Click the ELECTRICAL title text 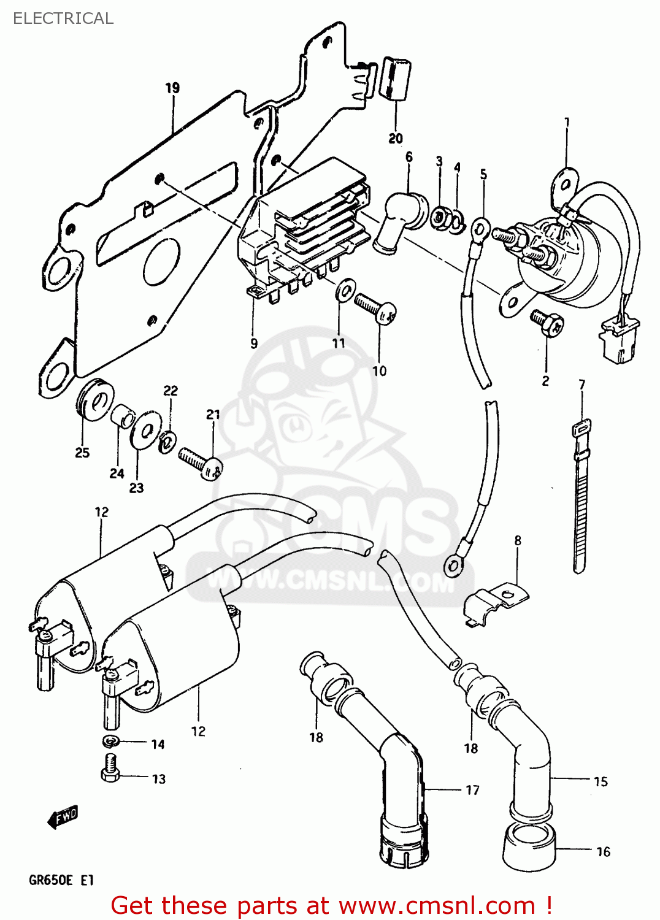63,18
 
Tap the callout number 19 172,88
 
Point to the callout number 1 567,122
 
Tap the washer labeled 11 345,290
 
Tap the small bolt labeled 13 110,768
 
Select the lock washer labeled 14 110,742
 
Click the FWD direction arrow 63,817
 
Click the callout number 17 472,790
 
